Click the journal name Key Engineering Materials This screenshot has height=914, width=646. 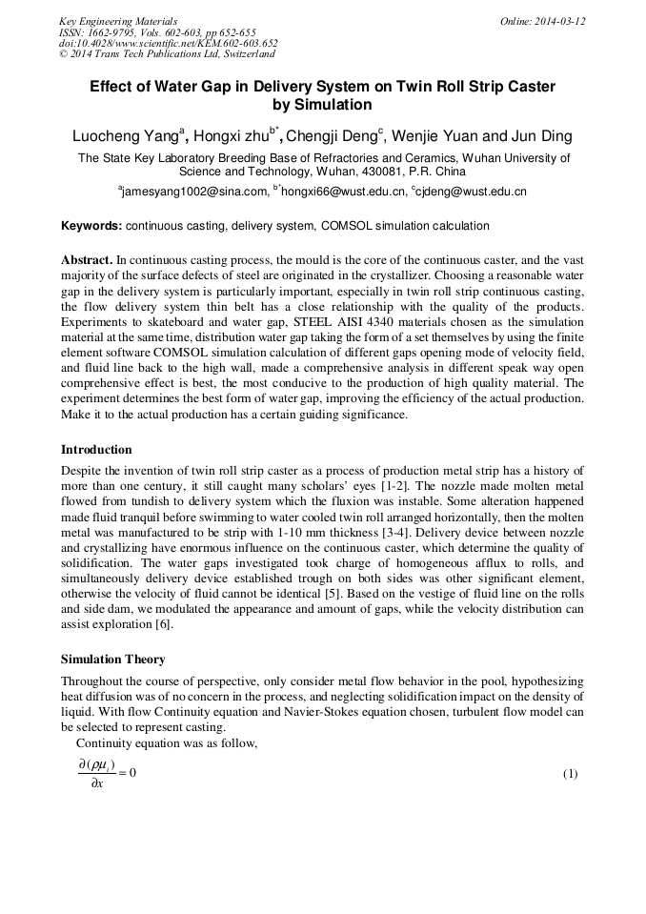pyautogui.click(x=118, y=21)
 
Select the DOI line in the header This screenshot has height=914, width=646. pyautogui.click(x=168, y=44)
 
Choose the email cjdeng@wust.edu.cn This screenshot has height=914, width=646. pyautogui.click(x=472, y=192)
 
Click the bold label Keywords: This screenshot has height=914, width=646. pyautogui.click(x=91, y=226)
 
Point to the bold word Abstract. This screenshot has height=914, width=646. pyautogui.click(x=87, y=260)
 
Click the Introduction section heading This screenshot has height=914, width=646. pyautogui.click(x=96, y=450)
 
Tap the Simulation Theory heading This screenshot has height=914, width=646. pyautogui.click(x=112, y=659)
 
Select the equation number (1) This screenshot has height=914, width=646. pyautogui.click(x=570, y=773)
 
